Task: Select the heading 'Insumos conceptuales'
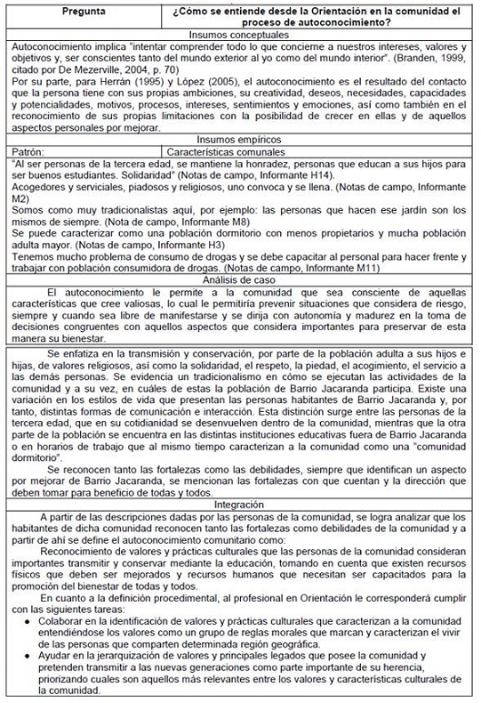click(240, 34)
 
